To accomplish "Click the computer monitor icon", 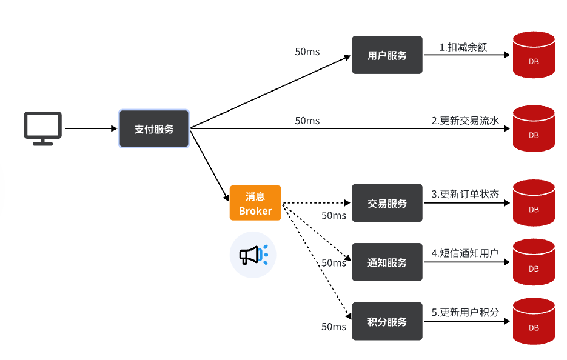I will click(42, 127).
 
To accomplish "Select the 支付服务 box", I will click(154, 129).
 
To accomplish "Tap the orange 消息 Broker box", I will click(255, 203).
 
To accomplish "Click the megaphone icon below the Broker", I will click(252, 255).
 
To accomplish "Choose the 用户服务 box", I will click(387, 55).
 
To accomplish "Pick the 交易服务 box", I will click(387, 203).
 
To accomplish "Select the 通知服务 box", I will click(387, 262).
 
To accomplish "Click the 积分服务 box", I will click(387, 321).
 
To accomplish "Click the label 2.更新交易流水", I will click(465, 121).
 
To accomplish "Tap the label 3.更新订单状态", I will click(465, 194).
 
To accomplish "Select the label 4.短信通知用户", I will click(465, 253).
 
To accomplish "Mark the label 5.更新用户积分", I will click(465, 313).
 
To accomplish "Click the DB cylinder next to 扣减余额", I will click(534, 55).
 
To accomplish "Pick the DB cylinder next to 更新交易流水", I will click(534, 128).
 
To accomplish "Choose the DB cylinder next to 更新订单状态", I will click(534, 203).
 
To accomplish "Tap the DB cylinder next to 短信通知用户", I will click(534, 262).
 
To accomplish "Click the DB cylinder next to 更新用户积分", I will click(534, 321).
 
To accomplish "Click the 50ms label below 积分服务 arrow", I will click(334, 327).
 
